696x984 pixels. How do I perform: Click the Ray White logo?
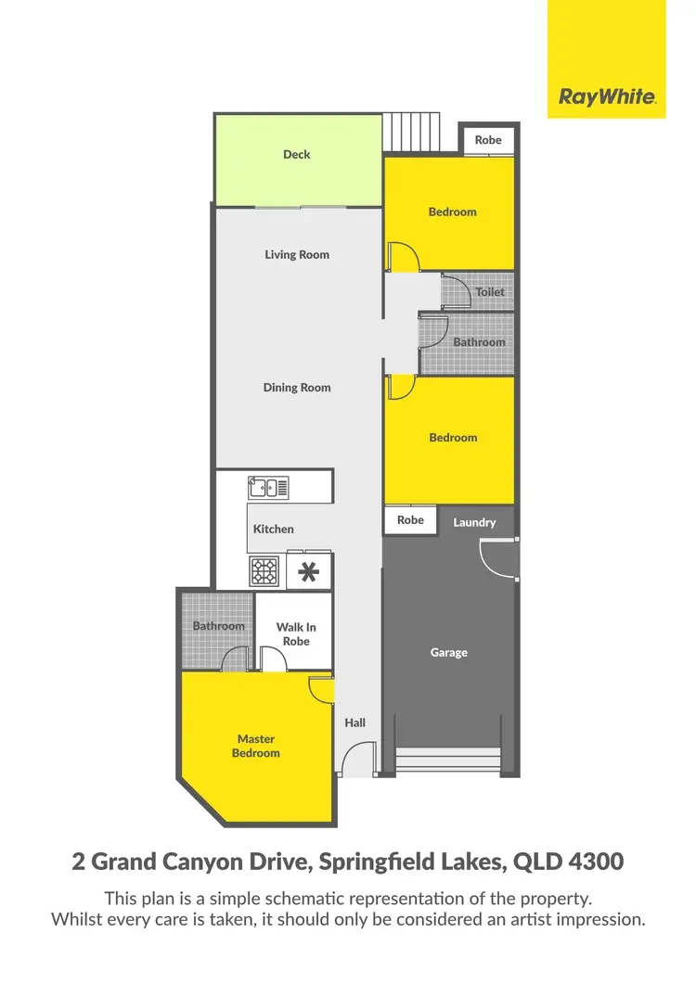point(607,96)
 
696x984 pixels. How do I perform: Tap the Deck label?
point(297,155)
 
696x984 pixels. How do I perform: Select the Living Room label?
point(297,255)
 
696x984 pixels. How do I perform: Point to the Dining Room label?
point(297,388)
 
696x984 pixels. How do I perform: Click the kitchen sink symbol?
point(269,487)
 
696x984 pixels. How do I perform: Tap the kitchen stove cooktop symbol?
point(264,572)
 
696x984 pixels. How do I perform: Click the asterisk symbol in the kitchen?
point(309,572)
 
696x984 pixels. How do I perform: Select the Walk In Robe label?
point(297,634)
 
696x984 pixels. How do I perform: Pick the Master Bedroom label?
point(256,747)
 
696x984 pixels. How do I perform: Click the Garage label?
point(449,653)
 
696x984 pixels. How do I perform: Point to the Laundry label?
point(474,523)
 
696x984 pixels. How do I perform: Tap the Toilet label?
point(490,292)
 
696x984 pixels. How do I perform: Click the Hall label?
point(354,723)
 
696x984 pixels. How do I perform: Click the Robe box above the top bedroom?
point(488,140)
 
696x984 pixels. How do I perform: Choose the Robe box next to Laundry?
point(410,521)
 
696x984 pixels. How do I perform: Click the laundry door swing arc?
point(497,558)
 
